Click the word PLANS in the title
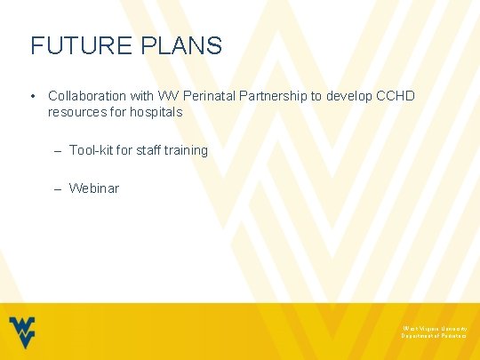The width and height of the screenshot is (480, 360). tap(183, 45)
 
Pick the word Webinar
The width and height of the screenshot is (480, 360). tap(93, 188)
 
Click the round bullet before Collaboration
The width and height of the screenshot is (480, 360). tap(31, 95)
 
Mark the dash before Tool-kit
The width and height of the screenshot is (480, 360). tap(57, 150)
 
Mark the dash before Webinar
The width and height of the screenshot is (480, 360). tap(57, 188)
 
